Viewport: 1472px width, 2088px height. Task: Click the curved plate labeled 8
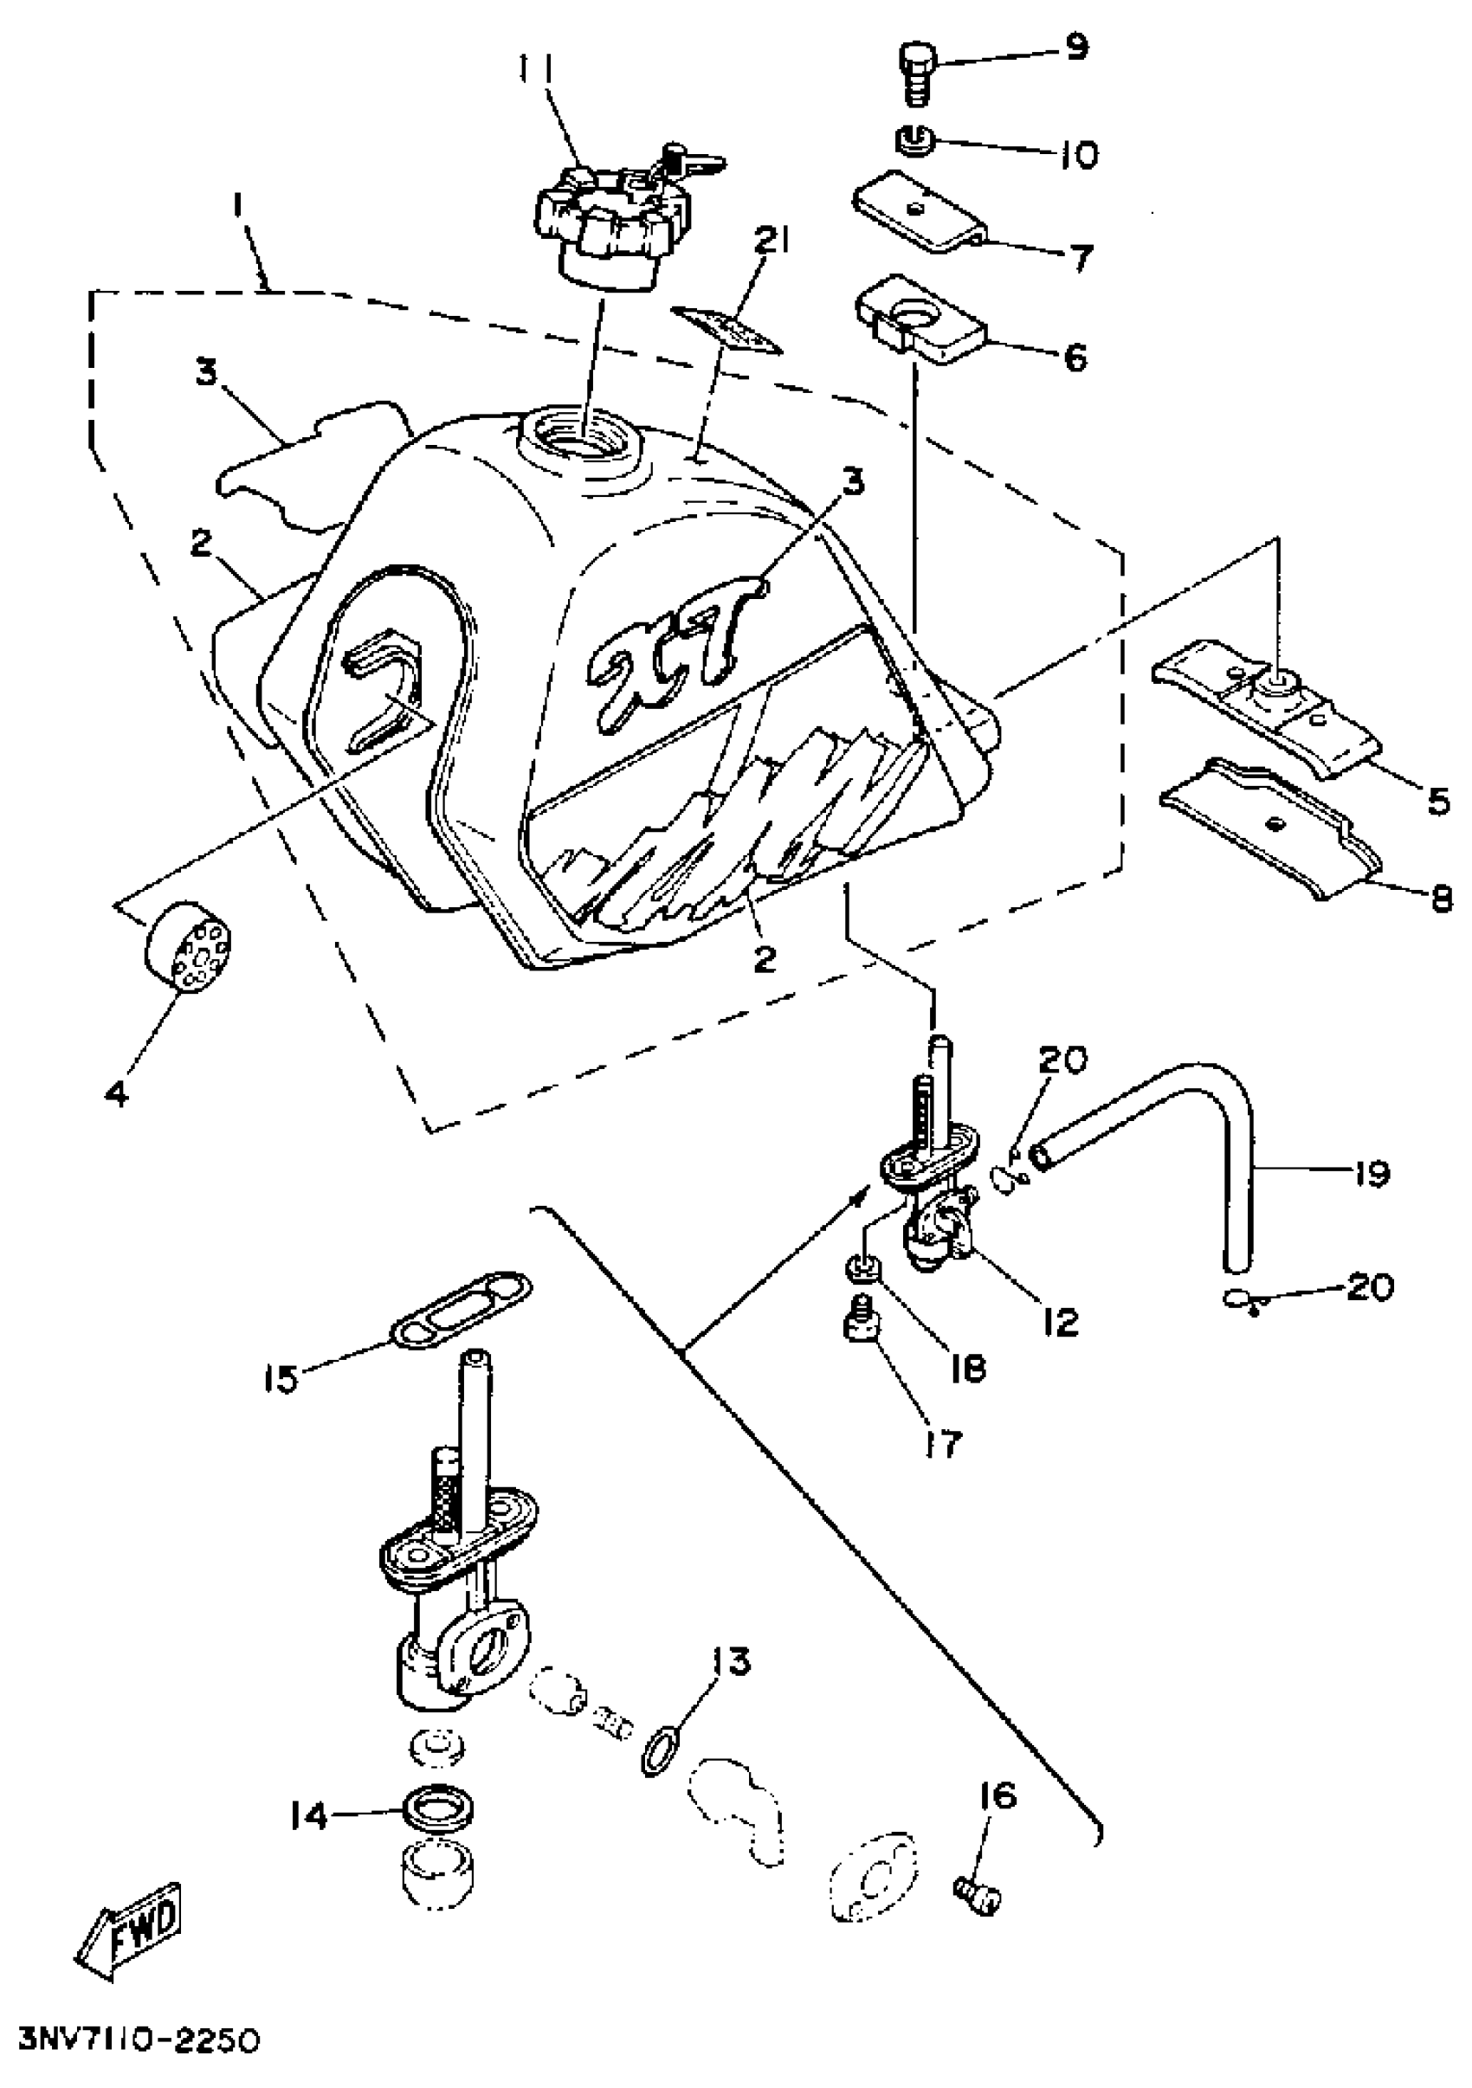[1269, 823]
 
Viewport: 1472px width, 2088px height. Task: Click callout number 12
[1061, 1319]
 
